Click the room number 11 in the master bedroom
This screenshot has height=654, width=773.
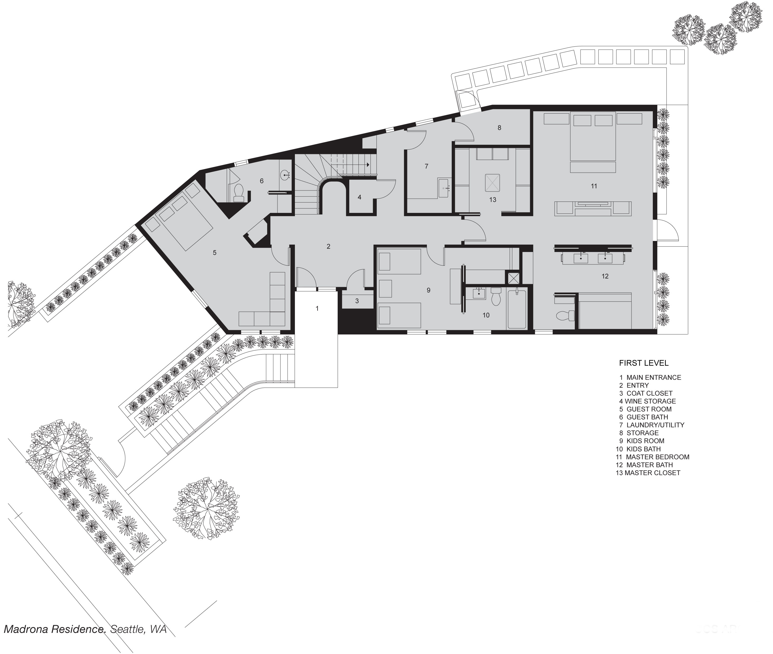click(x=594, y=186)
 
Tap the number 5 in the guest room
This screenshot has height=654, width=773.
click(x=215, y=253)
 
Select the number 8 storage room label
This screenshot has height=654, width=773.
click(x=499, y=128)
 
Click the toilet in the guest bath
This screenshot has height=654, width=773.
click(x=239, y=193)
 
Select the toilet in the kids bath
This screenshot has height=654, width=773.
click(x=496, y=296)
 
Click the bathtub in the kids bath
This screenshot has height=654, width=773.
click(x=517, y=310)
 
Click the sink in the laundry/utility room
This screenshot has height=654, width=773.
click(x=444, y=188)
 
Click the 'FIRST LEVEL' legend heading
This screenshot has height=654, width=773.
click(x=644, y=363)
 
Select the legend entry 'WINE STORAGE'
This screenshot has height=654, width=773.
click(x=650, y=401)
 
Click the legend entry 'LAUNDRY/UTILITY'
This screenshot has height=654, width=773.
click(x=656, y=425)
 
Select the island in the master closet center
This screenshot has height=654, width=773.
click(x=492, y=183)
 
